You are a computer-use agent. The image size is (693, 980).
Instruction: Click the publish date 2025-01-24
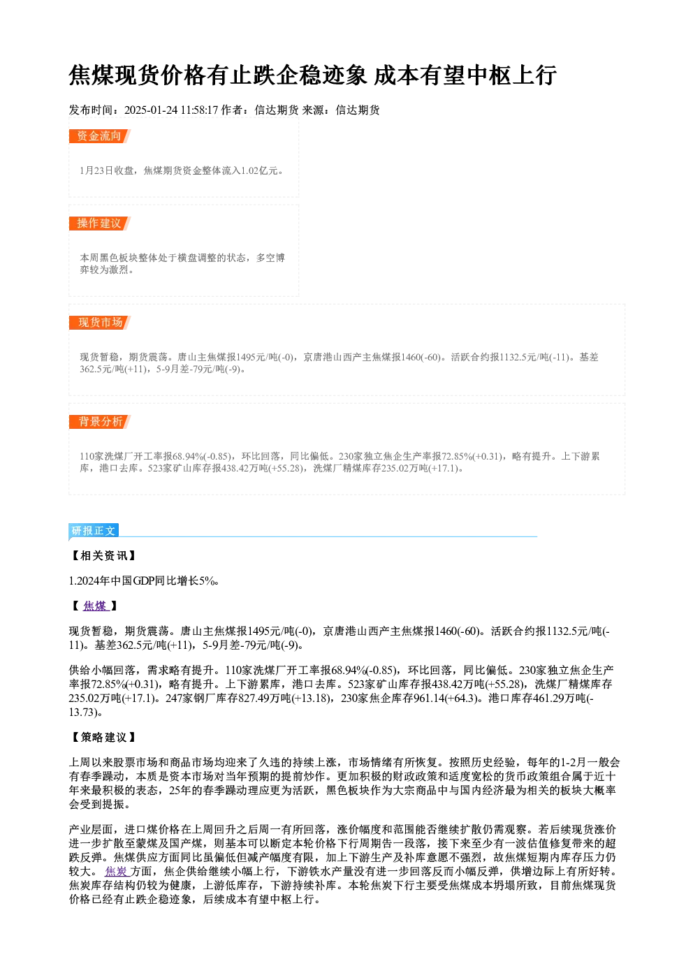(151, 110)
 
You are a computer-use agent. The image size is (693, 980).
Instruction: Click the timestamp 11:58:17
(199, 110)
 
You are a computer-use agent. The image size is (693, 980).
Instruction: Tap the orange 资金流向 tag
(99, 136)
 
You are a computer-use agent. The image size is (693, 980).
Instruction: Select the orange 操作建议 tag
(99, 224)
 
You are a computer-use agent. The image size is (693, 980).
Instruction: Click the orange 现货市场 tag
(99, 323)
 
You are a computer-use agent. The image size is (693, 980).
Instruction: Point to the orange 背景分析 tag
(99, 422)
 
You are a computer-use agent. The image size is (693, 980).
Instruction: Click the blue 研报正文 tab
(94, 530)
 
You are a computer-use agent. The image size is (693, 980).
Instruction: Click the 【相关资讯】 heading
(103, 555)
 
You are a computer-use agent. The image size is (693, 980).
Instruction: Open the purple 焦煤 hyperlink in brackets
(95, 606)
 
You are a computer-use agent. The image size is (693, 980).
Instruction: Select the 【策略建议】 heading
(103, 737)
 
